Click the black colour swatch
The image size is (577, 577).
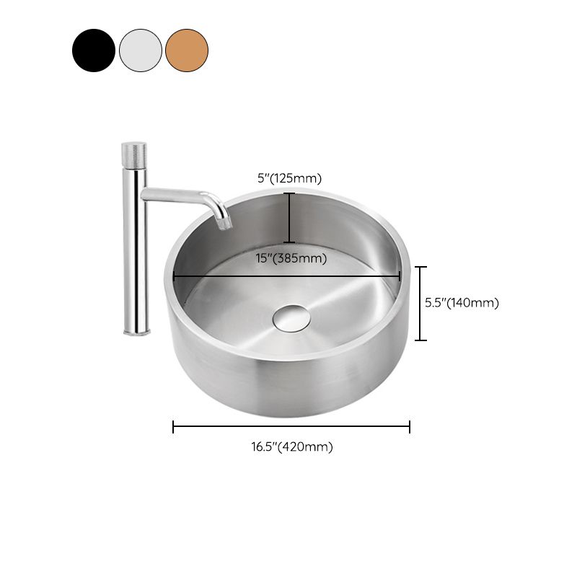pyautogui.click(x=94, y=50)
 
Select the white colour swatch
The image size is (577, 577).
pyautogui.click(x=141, y=50)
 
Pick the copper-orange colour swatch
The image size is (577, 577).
pyautogui.click(x=187, y=50)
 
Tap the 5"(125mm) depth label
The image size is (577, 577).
pyautogui.click(x=290, y=179)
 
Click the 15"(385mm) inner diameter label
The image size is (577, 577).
pyautogui.click(x=291, y=258)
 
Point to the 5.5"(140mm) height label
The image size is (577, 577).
pyautogui.click(x=462, y=303)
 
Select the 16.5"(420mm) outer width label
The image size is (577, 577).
pyautogui.click(x=292, y=447)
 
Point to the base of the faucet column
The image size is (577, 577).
pyautogui.click(x=136, y=330)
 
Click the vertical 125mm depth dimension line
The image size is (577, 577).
pyautogui.click(x=289, y=218)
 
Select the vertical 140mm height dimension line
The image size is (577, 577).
pyautogui.click(x=423, y=303)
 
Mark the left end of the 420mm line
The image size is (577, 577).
pyautogui.click(x=174, y=427)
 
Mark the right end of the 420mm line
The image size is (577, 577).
pyautogui.click(x=410, y=427)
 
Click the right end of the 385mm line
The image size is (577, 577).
pyautogui.click(x=400, y=276)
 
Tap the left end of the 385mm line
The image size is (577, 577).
pyautogui.click(x=174, y=276)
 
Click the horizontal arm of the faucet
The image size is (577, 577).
pyautogui.click(x=177, y=194)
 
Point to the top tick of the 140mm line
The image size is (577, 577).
pyautogui.click(x=423, y=267)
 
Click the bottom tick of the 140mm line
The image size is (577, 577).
pyautogui.click(x=423, y=339)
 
